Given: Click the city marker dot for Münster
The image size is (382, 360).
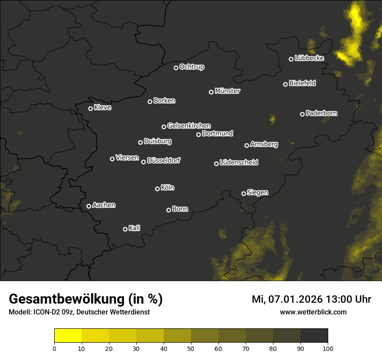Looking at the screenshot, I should point(211,92).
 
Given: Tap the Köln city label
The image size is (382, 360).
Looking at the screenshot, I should point(168,188).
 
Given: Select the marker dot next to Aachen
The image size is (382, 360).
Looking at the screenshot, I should point(89,206).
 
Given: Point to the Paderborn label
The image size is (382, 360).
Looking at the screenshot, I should point(322,113).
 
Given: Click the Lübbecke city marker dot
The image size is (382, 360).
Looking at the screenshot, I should point(291,59).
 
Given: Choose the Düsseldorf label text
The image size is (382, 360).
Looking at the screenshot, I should point(164,160).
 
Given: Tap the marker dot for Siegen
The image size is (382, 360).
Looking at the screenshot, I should point(244,194).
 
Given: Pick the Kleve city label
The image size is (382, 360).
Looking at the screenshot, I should point(103,108).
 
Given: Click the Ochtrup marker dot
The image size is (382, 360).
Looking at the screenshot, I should point(176,68).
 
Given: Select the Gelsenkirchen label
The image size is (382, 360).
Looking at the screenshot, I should point(189,126).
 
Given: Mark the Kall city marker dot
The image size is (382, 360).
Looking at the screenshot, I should point(125,229).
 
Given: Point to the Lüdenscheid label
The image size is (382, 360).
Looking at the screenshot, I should point(239,163).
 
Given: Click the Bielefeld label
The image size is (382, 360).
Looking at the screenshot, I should point(302,83).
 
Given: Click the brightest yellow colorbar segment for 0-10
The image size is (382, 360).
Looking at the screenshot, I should point(68,336).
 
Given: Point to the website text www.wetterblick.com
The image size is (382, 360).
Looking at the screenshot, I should point(313,312).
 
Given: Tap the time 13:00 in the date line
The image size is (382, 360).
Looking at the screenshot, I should point(334,299).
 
